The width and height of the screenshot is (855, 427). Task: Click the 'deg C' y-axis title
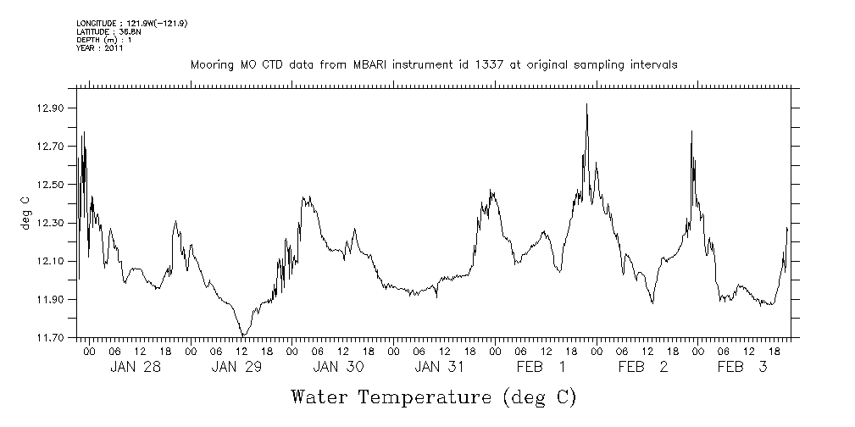click(x=25, y=212)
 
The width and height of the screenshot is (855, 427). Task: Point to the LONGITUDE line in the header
click(x=131, y=23)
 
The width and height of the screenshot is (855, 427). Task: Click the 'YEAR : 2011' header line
click(x=100, y=48)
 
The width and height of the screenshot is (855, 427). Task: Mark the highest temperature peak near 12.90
click(x=586, y=104)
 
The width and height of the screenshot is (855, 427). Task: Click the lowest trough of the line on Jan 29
click(x=242, y=335)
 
